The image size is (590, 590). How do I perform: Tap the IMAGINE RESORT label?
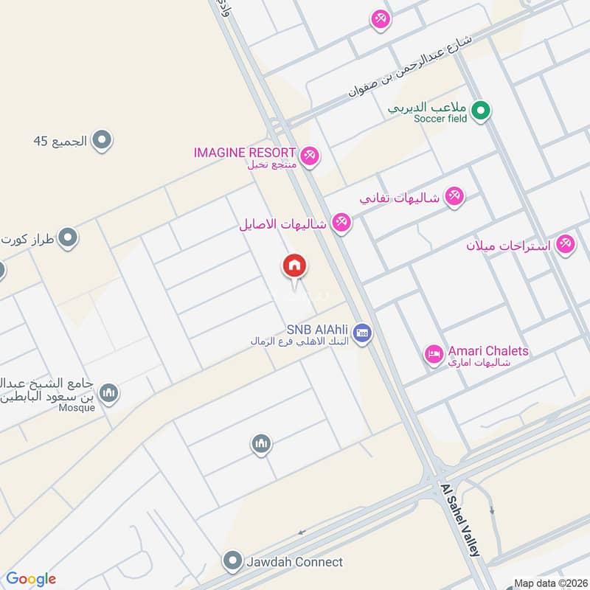(244, 153)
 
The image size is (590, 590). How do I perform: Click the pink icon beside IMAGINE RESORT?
(309, 154)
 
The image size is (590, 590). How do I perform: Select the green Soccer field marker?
(481, 111)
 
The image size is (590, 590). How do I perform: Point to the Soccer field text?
(440, 119)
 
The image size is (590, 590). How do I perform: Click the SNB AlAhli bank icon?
(361, 333)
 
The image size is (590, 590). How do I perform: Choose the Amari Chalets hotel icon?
(433, 355)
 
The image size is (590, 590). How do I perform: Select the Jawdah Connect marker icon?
(233, 562)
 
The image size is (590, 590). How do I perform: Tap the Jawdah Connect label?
(295, 562)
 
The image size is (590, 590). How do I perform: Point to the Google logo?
(31, 579)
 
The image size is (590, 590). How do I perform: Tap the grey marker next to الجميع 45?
(102, 139)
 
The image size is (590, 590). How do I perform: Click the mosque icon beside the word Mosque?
(108, 393)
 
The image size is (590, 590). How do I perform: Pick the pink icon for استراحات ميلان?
(566, 243)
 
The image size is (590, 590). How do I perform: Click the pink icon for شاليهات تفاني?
(454, 196)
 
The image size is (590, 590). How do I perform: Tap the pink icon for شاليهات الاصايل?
(340, 222)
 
